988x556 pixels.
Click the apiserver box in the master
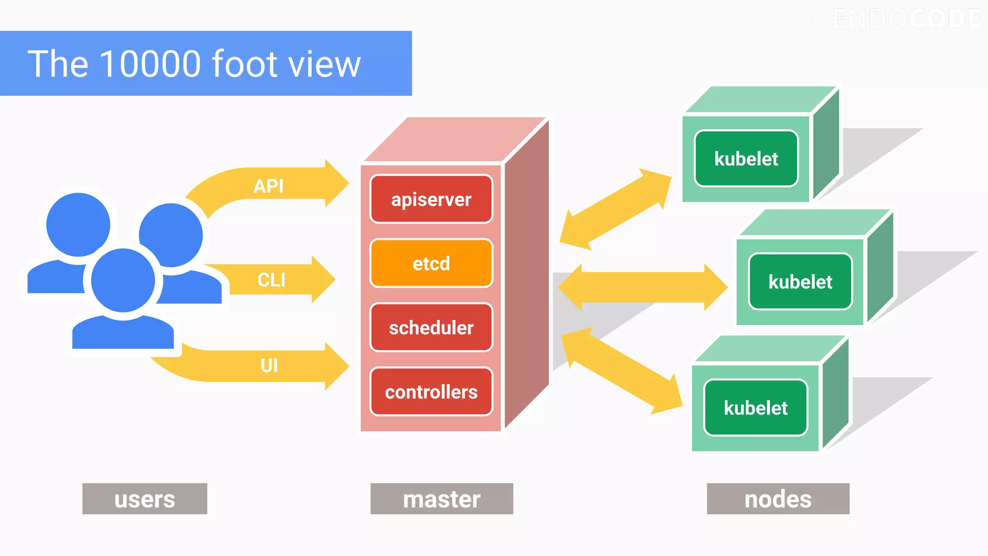click(x=431, y=199)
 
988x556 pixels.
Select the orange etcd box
click(x=431, y=264)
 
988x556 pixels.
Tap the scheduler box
click(x=431, y=328)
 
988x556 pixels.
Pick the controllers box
click(x=431, y=392)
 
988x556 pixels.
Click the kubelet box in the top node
click(x=746, y=159)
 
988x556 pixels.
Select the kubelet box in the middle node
click(x=800, y=282)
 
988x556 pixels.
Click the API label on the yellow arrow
click(x=269, y=186)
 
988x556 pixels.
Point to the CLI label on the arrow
click(x=271, y=280)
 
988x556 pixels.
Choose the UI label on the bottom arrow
click(x=269, y=365)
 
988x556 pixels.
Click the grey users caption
click(x=145, y=499)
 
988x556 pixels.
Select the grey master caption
click(x=441, y=499)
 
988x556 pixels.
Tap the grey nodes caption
click(x=778, y=499)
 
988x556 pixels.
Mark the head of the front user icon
click(x=123, y=280)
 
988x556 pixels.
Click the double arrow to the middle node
click(x=643, y=287)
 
